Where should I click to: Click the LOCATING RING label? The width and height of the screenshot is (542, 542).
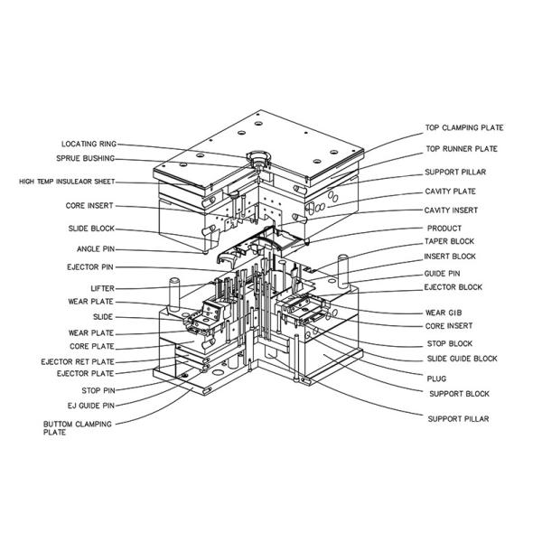tap(89, 144)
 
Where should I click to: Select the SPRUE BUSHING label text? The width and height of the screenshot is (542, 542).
tap(86, 158)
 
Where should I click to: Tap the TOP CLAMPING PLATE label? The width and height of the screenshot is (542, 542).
tap(464, 127)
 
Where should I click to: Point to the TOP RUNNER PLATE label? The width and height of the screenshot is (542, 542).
tap(462, 149)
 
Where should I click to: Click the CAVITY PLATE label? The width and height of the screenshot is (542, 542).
tap(451, 192)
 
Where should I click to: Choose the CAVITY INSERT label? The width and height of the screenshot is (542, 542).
tap(451, 210)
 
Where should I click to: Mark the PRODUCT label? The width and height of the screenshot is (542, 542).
tap(444, 229)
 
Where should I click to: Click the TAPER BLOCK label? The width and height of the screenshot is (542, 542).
tap(449, 241)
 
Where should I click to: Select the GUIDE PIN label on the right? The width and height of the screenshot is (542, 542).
tap(442, 274)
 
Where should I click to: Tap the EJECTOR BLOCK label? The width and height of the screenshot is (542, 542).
tap(453, 287)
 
